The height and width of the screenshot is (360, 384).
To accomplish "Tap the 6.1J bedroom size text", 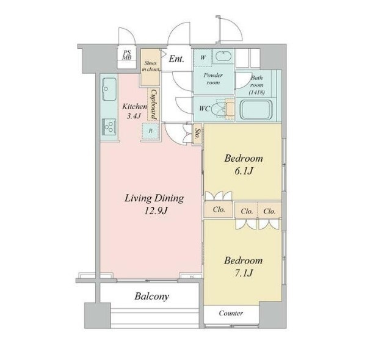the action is point(244,171).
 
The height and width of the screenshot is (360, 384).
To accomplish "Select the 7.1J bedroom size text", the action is point(244,273).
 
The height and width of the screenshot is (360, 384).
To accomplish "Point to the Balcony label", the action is point(152,297).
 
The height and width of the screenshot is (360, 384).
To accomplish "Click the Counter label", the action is point(231,313).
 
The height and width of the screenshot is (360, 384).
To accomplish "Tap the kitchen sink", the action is point(109,89).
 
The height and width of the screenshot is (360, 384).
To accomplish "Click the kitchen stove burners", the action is point(109,126).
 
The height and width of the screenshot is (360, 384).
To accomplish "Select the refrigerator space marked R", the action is point(150,131).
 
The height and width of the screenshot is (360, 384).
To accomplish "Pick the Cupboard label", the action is point(154,104).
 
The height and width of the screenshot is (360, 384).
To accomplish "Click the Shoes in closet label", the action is point(150,67).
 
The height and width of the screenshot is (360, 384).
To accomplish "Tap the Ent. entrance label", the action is point(176,59).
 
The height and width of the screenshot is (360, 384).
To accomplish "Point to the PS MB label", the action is point(127,55).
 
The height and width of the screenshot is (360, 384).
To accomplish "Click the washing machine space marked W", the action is point(203,57).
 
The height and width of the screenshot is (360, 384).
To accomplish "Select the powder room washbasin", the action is point(223,56).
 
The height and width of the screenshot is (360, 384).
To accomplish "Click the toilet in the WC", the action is point(222,108).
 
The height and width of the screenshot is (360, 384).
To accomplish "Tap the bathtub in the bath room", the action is point(256,110).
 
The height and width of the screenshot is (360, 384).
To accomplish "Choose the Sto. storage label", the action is point(197,134).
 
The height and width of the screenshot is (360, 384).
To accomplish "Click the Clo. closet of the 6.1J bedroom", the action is point(219,209).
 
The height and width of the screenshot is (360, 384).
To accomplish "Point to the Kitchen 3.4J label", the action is point(134,111).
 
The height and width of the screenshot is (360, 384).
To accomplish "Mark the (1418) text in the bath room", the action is point(256,92).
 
